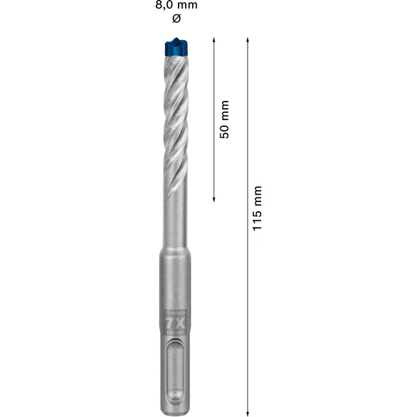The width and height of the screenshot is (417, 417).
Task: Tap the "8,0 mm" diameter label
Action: [x=175, y=5]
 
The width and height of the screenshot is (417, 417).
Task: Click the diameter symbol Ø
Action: [x=175, y=19]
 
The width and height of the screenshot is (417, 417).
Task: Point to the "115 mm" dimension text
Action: [x=257, y=207]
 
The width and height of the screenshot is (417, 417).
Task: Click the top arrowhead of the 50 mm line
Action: [x=214, y=40]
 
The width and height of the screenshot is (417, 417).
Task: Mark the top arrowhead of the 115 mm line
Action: [x=248, y=40]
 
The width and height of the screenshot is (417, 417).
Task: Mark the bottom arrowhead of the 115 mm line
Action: [x=248, y=412]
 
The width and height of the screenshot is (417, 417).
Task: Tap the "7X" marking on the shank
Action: [x=175, y=321]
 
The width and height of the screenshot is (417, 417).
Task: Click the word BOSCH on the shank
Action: [x=175, y=312]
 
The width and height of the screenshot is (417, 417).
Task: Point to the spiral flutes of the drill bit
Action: [x=175, y=117]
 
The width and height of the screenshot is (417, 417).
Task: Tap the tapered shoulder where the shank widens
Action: [x=175, y=248]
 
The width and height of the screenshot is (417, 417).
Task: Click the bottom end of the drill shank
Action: [x=175, y=409]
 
